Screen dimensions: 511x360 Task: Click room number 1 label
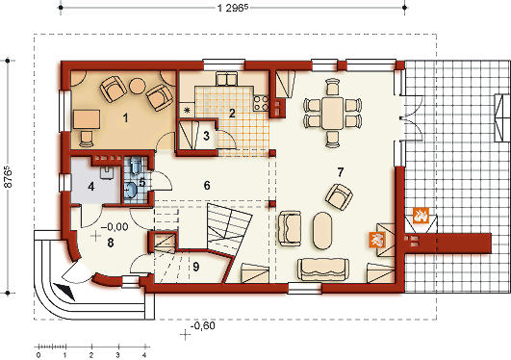[125, 118]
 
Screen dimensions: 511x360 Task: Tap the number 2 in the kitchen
[232, 114]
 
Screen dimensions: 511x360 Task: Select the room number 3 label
[206, 136]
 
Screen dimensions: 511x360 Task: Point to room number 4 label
[90, 187]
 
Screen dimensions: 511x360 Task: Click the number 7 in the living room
[341, 172]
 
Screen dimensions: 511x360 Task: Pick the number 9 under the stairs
[195, 267]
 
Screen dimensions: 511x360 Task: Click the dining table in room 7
[332, 113]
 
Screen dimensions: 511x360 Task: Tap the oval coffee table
[322, 231]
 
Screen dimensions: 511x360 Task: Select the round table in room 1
[138, 86]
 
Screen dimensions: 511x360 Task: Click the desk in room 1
[87, 119]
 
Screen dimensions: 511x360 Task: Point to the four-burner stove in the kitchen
[262, 103]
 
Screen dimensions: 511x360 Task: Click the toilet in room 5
[136, 165]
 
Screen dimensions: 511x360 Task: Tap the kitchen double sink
[226, 79]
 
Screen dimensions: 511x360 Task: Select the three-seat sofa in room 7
[323, 270]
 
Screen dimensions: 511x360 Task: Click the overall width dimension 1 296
[233, 8]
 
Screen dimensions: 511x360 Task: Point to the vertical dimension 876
[8, 177]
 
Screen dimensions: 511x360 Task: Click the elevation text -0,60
[203, 325]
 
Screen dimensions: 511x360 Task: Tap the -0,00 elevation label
[115, 226]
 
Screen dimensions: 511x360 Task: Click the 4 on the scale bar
[144, 355]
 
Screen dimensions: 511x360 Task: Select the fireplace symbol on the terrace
[421, 216]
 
